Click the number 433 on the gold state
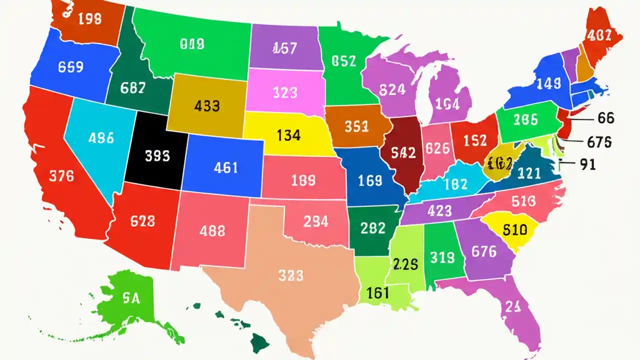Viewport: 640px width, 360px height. click(206, 106)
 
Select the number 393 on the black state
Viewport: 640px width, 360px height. click(157, 156)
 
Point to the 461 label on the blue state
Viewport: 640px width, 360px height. click(225, 168)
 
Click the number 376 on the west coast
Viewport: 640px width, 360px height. click(61, 176)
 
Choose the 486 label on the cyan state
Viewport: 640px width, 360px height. click(100, 137)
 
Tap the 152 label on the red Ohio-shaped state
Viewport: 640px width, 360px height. click(474, 140)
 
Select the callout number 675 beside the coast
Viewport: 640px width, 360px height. click(599, 142)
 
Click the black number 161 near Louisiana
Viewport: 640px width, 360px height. click(377, 292)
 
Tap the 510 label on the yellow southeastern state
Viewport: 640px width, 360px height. click(514, 230)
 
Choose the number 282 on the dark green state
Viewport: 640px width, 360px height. click(372, 228)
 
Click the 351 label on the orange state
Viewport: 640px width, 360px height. click(356, 127)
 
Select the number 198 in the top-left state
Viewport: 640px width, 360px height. click(89, 19)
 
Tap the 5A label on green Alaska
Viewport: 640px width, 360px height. click(130, 298)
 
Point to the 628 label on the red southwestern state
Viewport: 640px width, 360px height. click(142, 220)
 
